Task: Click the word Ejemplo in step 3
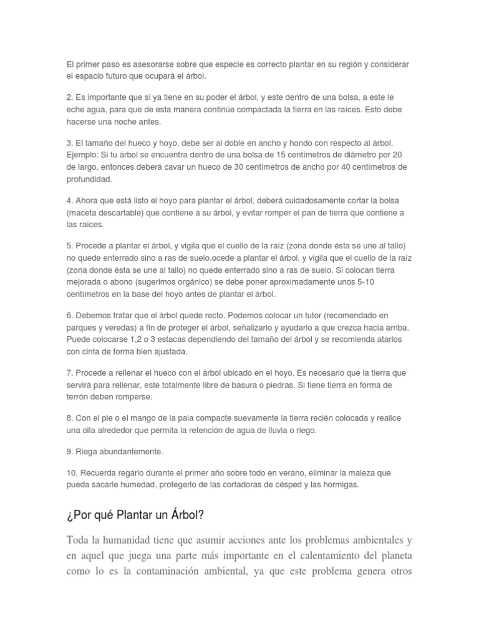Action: pos(85,155)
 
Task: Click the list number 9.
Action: pos(69,451)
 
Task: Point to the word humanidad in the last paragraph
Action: pos(134,540)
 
